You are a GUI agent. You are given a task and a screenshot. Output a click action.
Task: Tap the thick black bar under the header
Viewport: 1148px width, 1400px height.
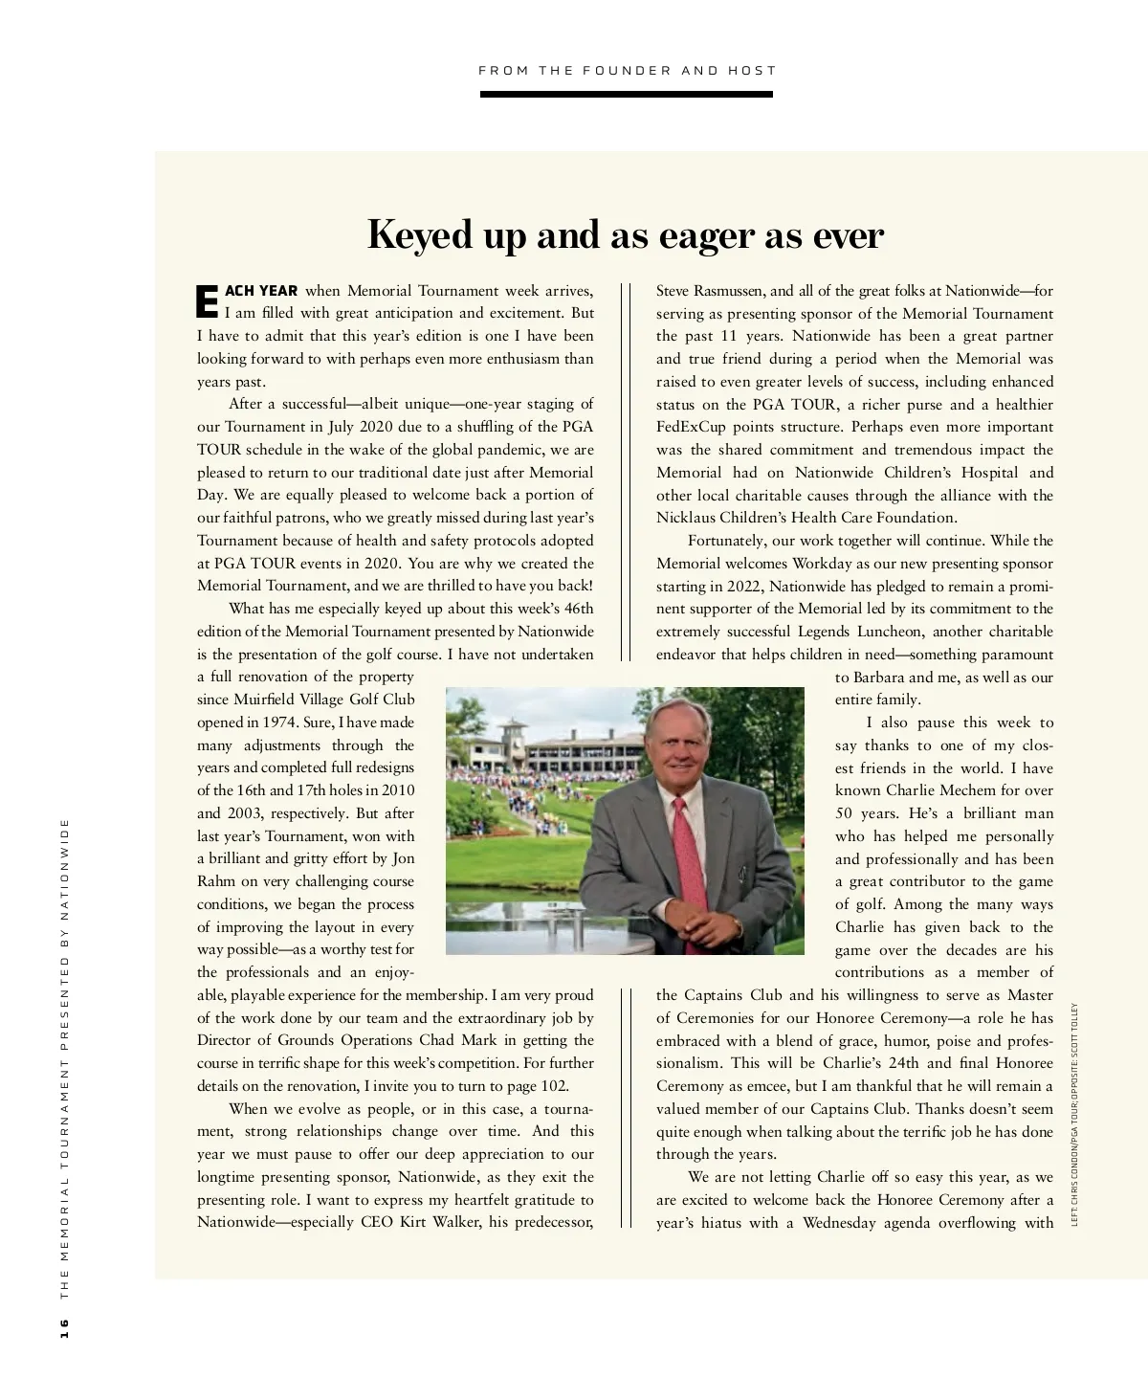pos(627,95)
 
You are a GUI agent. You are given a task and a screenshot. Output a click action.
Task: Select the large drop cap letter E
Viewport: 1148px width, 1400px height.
pos(208,300)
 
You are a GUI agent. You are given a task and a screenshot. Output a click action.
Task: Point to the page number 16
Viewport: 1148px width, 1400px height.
pos(65,1327)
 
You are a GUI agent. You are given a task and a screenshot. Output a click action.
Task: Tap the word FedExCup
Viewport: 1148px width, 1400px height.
pos(691,427)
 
